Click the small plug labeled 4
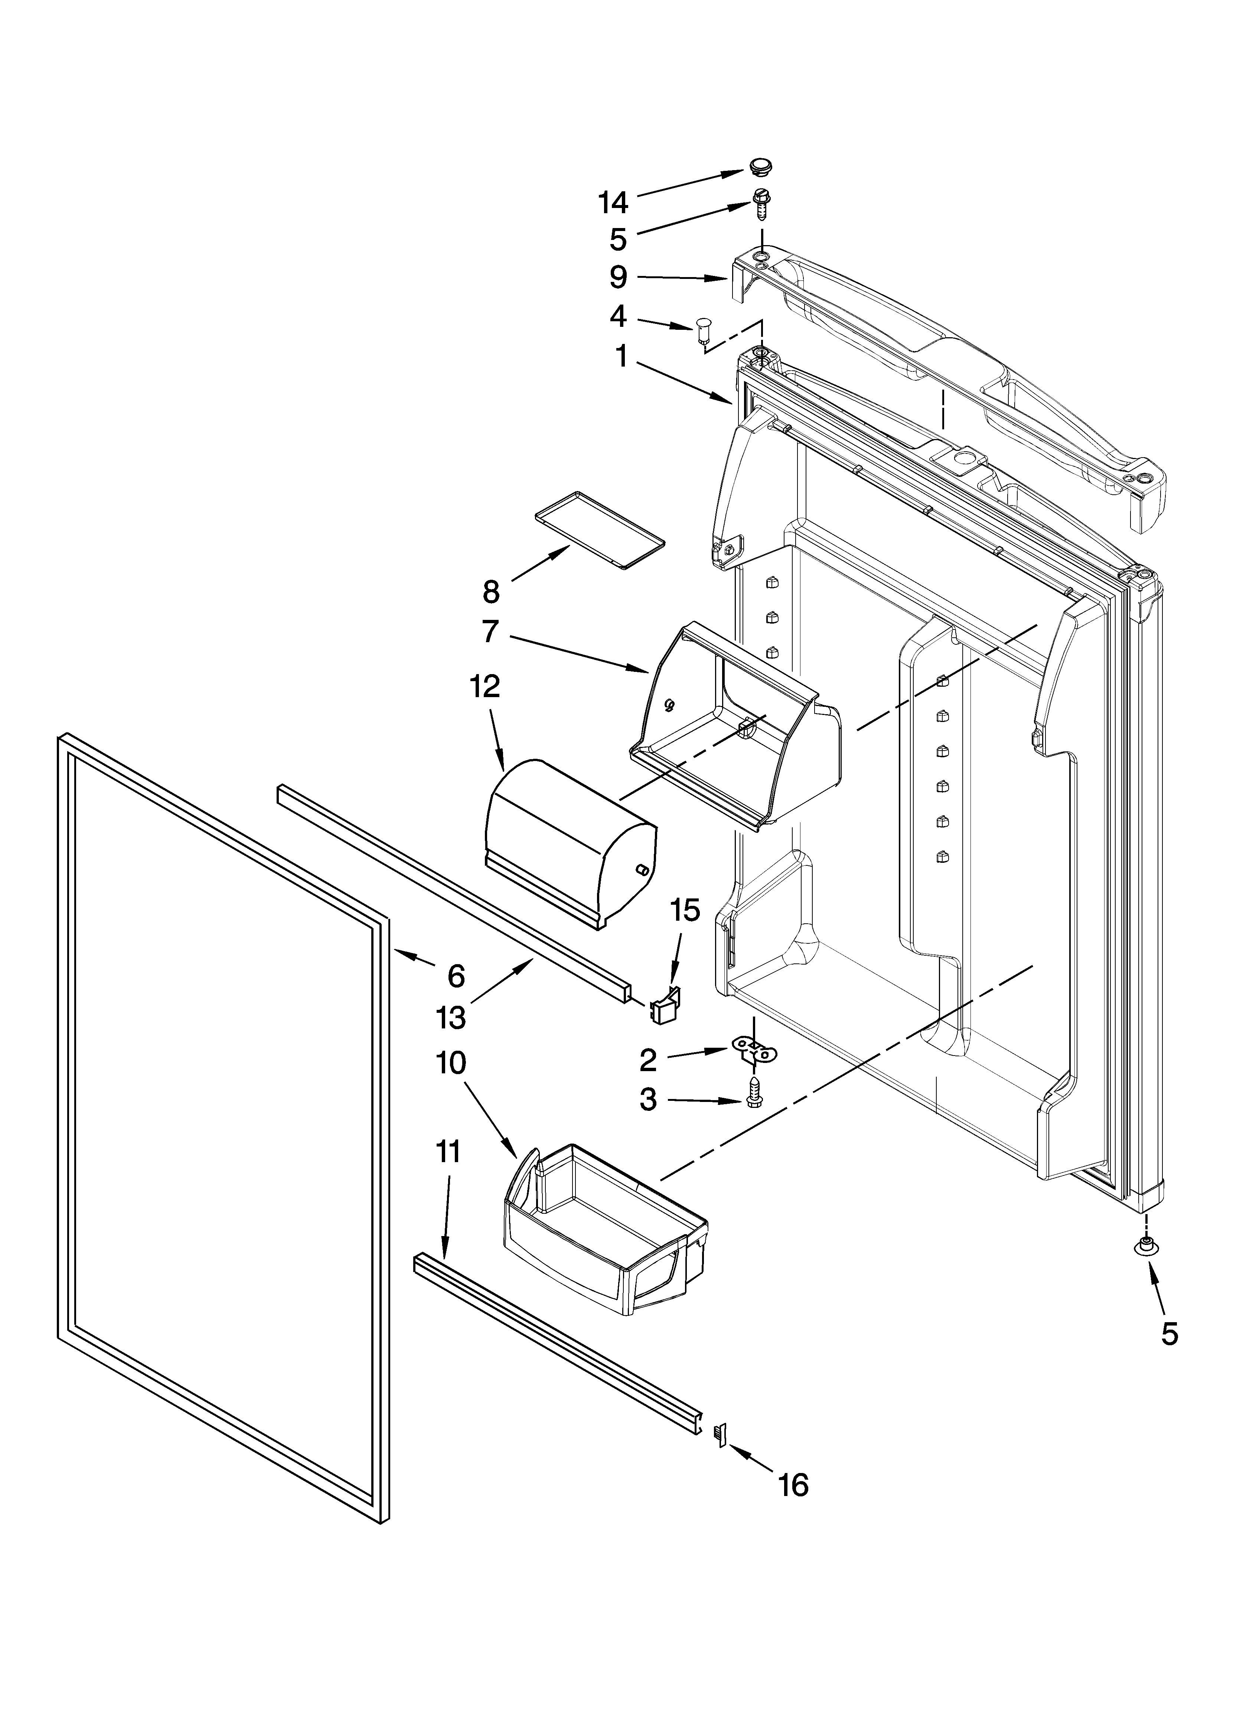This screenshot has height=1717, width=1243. click(704, 331)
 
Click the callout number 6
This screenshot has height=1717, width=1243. click(456, 976)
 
